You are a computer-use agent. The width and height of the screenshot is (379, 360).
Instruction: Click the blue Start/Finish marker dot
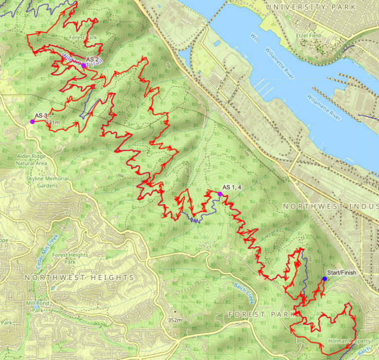click(324, 279)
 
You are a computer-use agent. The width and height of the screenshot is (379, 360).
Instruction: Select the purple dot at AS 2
click(84, 65)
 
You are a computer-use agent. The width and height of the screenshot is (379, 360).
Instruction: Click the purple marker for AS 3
click(32, 121)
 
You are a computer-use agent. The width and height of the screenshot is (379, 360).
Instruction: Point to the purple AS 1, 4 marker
click(220, 194)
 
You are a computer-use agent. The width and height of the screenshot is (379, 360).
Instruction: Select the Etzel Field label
click(309, 36)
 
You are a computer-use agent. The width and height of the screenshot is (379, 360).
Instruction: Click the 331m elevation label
click(52, 122)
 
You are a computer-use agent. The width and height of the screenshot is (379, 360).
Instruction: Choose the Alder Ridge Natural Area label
click(32, 160)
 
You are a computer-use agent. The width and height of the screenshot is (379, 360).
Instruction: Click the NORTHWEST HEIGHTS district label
click(79, 278)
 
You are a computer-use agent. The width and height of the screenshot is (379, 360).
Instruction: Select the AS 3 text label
click(41, 116)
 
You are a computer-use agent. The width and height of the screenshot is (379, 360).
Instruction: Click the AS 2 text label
click(93, 59)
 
